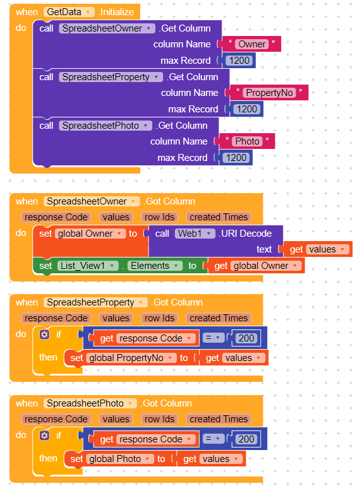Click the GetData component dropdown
pos(69,12)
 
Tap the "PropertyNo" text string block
pos(269,93)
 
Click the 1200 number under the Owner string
pos(239,61)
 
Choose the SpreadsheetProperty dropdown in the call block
pos(111,77)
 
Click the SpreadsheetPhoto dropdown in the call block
pos(105,126)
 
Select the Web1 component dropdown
pos(195,234)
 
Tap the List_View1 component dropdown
pos(88,266)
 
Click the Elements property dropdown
pos(155,266)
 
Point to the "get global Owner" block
pos(256,266)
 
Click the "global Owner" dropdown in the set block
pos(90,234)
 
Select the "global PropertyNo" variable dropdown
pos(131,358)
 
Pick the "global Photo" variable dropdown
pos(120,459)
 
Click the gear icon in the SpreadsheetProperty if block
pos(44,335)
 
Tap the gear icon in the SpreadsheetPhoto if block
pos(44,436)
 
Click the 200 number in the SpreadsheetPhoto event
pos(246,439)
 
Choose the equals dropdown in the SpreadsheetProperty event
pos(213,338)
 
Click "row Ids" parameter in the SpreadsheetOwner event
pos(160,217)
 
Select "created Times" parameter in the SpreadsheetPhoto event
pos(219,419)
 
